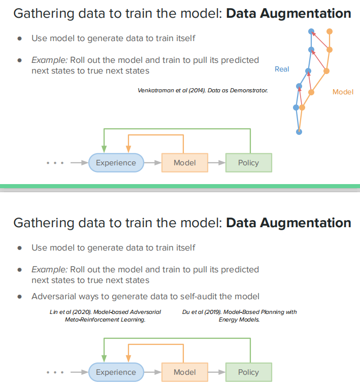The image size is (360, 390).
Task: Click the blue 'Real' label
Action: (x=282, y=69)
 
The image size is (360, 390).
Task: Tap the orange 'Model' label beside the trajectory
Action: (x=343, y=92)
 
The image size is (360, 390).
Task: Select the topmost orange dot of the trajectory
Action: (x=329, y=31)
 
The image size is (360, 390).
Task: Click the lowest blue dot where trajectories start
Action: (x=299, y=131)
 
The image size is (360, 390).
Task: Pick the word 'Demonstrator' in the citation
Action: (x=248, y=90)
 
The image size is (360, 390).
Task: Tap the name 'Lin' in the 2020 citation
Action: (x=53, y=312)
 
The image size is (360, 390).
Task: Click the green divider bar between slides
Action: (x=180, y=186)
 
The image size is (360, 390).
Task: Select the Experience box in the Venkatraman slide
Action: (x=116, y=163)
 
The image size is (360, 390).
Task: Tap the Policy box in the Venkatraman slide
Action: (x=248, y=163)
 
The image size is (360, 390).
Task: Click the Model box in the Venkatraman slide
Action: (x=184, y=163)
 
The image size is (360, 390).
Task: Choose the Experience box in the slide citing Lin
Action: (x=116, y=372)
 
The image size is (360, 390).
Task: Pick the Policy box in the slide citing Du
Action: (x=248, y=372)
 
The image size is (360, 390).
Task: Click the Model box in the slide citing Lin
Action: (x=184, y=372)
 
